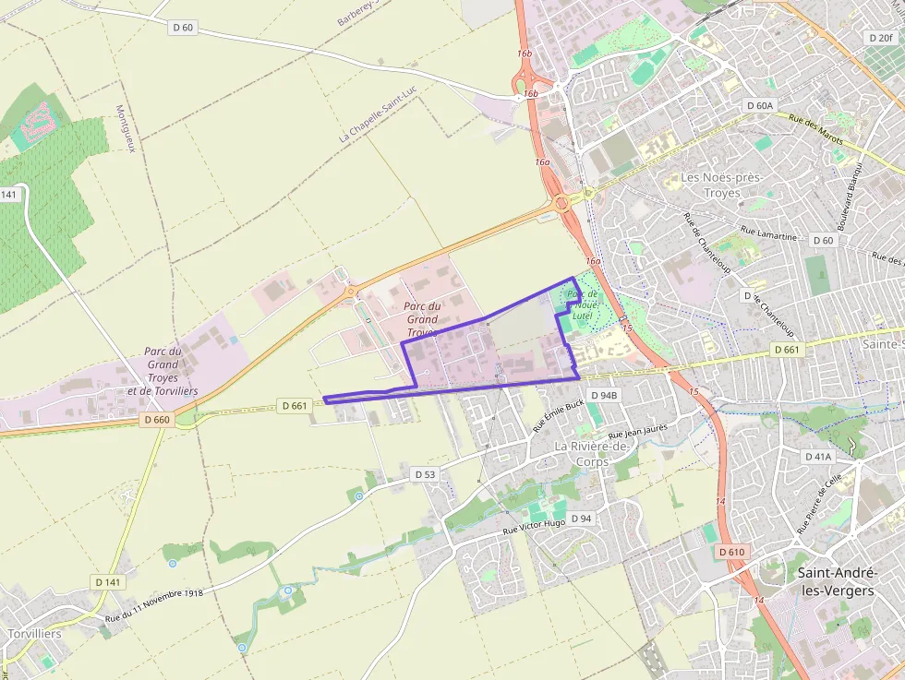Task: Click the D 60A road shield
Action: point(760,106)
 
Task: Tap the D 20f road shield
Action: point(880,38)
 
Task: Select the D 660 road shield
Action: point(158,419)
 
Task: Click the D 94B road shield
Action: point(602,396)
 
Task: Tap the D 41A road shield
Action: point(818,457)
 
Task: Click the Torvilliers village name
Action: point(34,635)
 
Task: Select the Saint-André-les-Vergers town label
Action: point(835,581)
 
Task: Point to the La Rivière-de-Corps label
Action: point(592,453)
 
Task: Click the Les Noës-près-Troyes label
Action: point(710,185)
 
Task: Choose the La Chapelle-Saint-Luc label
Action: point(379,120)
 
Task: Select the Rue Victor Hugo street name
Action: point(534,527)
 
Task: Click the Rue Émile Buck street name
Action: point(560,417)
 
